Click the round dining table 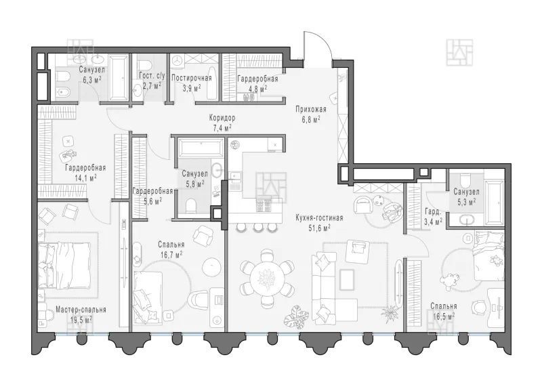click(x=267, y=278)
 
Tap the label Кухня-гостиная click(x=319, y=218)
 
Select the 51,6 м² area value click(x=319, y=228)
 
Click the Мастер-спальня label click(x=81, y=310)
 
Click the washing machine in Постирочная click(x=178, y=60)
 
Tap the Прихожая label click(x=311, y=110)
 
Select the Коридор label click(x=222, y=118)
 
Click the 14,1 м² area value click(x=85, y=178)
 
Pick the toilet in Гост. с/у click(x=144, y=64)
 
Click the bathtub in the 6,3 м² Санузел click(x=119, y=78)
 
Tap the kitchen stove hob click(x=264, y=206)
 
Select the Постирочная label click(x=192, y=78)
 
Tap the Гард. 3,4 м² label click(x=433, y=216)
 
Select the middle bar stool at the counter click(x=257, y=227)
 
